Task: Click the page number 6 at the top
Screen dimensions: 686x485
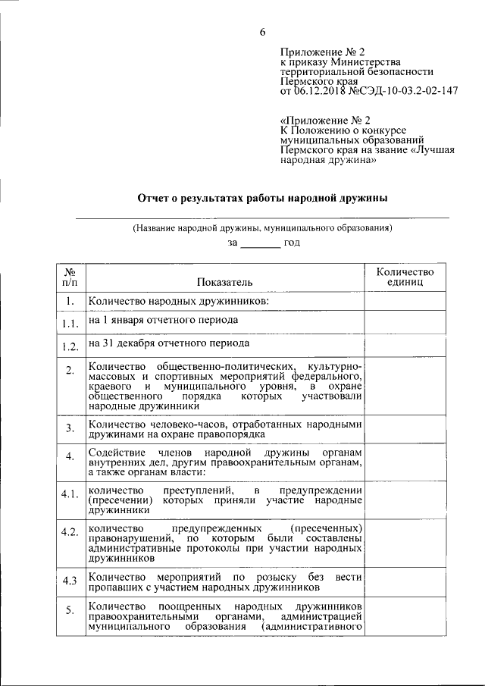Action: point(262,31)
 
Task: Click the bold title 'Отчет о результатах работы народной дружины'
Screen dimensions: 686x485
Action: point(262,198)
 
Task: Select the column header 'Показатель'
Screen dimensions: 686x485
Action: point(224,282)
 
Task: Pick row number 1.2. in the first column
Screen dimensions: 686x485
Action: point(70,347)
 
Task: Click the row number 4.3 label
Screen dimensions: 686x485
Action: point(70,581)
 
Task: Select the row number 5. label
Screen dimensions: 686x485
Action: point(70,611)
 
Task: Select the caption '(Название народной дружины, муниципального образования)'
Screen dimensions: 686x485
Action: point(262,227)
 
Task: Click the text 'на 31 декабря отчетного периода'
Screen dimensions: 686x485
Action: point(169,343)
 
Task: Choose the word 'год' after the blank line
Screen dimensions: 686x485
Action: point(293,243)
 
